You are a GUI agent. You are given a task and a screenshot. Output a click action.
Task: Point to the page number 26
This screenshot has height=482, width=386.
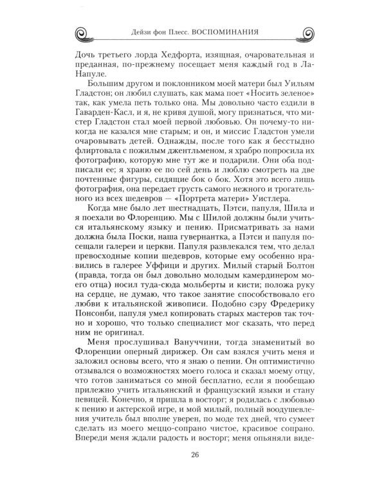[194, 456]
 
